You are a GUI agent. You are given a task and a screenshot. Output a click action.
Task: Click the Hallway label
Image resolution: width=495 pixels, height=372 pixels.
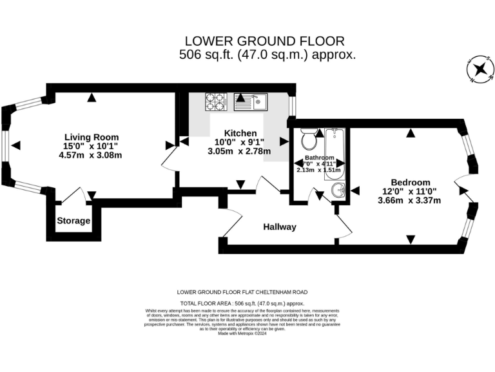pos(279,227)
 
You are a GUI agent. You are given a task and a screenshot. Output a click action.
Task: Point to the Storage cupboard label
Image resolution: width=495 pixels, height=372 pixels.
pos(73,221)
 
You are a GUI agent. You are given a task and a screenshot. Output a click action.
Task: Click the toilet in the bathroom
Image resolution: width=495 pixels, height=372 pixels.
pos(307,138)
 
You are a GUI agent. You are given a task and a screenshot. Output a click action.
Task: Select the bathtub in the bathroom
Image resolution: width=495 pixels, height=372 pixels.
pos(335,154)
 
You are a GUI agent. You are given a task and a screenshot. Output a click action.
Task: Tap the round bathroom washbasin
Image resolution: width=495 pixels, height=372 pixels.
pos(337,191)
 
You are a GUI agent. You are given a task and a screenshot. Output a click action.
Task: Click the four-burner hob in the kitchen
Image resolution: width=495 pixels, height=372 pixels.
pos(215,101)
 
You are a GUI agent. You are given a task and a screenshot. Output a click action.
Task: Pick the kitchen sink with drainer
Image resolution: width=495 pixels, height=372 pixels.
pos(251,101)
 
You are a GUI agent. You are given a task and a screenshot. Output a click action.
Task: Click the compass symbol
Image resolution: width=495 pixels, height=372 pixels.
pos(478,68)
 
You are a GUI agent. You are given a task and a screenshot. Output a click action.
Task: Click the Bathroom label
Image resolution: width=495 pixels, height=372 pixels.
pos(320,158)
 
